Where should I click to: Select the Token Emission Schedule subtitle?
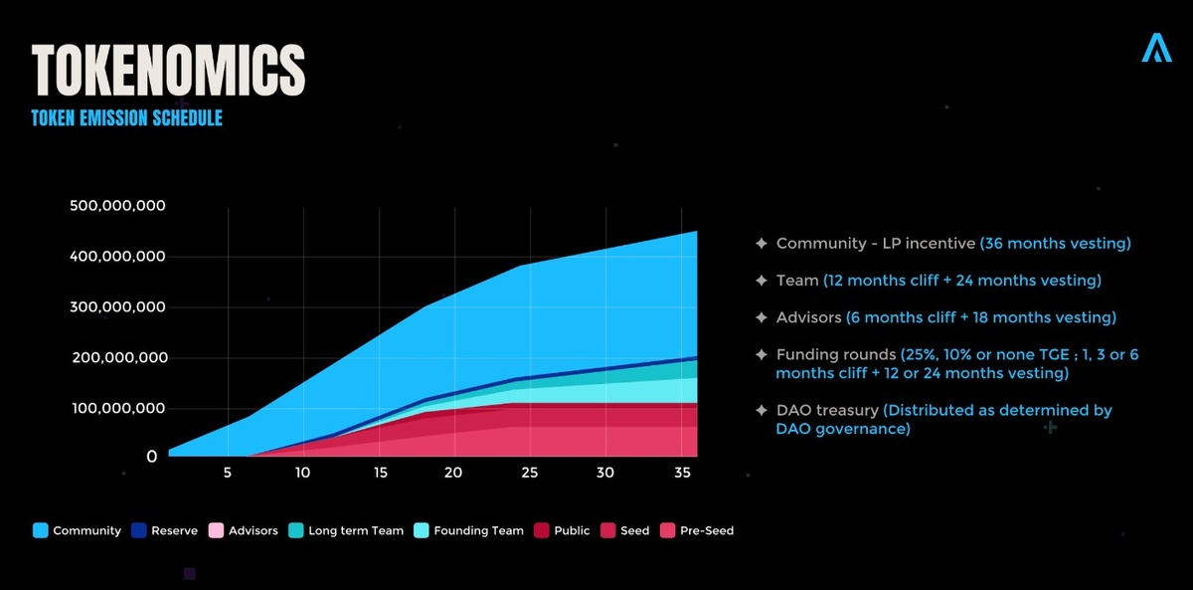[126, 118]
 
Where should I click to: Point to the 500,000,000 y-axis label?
[118, 206]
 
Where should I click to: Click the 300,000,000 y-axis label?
[118, 307]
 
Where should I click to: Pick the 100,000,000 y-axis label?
[118, 409]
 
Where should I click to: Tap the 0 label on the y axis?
[152, 457]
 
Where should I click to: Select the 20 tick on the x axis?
[453, 473]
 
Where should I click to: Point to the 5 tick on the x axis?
[228, 473]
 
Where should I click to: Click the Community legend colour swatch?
[40, 531]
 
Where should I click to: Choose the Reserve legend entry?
[174, 531]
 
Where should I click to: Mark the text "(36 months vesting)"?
[1055, 244]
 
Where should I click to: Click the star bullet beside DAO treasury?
[761, 411]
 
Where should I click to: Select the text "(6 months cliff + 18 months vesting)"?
[981, 318]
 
